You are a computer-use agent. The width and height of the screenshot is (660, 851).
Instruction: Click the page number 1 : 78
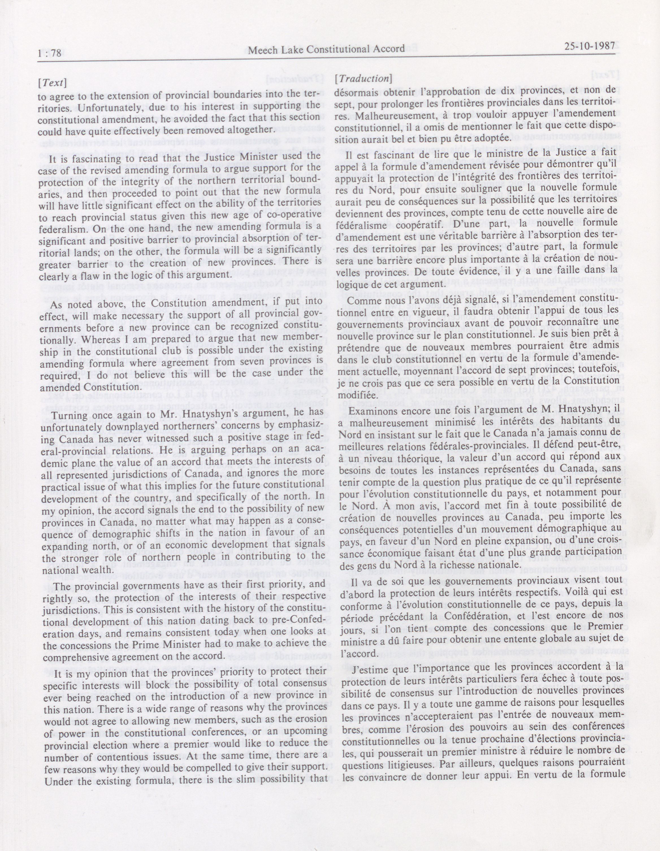tap(49, 53)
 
